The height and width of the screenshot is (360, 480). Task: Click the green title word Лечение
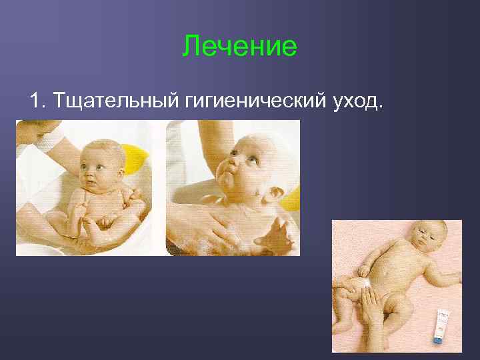tap(239, 47)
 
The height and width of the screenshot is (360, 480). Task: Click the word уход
tap(353, 101)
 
